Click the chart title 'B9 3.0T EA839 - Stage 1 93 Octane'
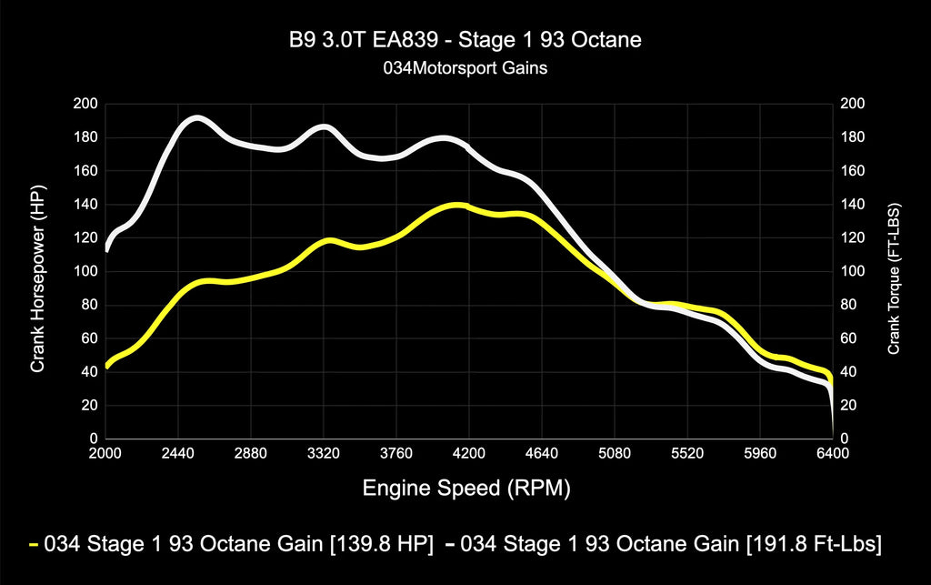click(x=465, y=42)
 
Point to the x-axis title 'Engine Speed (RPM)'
click(x=466, y=489)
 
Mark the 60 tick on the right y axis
click(x=849, y=338)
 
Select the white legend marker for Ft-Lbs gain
click(x=452, y=545)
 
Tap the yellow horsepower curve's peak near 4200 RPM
click(x=456, y=205)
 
